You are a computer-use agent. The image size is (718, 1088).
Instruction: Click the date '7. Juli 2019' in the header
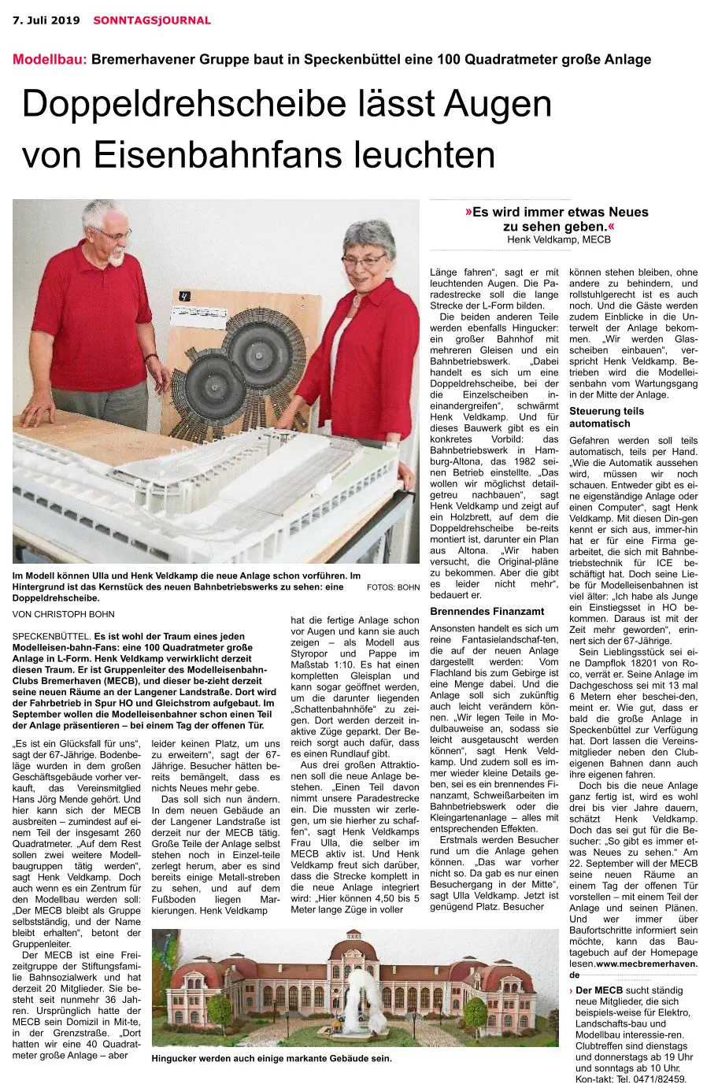tap(46, 20)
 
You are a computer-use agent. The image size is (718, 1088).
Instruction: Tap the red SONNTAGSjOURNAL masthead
tap(152, 20)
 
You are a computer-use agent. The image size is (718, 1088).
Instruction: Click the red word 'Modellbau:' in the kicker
tap(50, 59)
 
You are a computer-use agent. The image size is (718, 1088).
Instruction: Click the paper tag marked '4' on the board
tap(184, 297)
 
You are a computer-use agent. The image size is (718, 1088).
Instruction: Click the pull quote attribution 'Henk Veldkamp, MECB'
tap(558, 239)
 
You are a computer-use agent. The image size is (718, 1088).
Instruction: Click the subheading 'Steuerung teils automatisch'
tap(606, 416)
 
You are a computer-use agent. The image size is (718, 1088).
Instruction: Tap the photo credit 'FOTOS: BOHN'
tap(393, 587)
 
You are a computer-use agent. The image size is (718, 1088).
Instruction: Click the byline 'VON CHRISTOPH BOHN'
tap(64, 614)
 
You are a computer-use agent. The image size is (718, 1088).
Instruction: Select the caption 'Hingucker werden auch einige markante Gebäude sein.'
tap(271, 1058)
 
